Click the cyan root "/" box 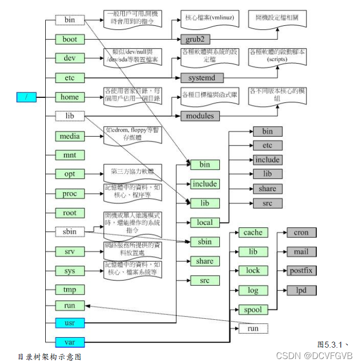click(26, 97)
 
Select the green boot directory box click(70, 39)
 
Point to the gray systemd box click(201, 77)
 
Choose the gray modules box click(199, 116)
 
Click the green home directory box click(70, 97)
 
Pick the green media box click(70, 136)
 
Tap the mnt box click(70, 155)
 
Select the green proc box click(70, 194)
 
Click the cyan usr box click(70, 323)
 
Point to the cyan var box click(70, 342)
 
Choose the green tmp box click(70, 290)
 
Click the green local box click(204, 222)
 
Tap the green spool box click(253, 309)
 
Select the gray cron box click(301, 232)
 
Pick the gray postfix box click(301, 271)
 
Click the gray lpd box click(301, 290)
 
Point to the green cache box click(253, 232)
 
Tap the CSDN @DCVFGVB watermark click(314, 356)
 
